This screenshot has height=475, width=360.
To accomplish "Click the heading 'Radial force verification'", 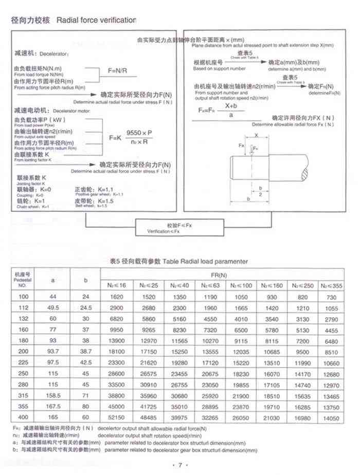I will click(96, 20).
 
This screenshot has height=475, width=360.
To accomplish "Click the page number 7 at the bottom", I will click(180, 465).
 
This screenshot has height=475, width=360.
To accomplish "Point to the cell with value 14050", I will click(331, 418).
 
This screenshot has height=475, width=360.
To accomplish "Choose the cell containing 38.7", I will click(86, 352).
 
